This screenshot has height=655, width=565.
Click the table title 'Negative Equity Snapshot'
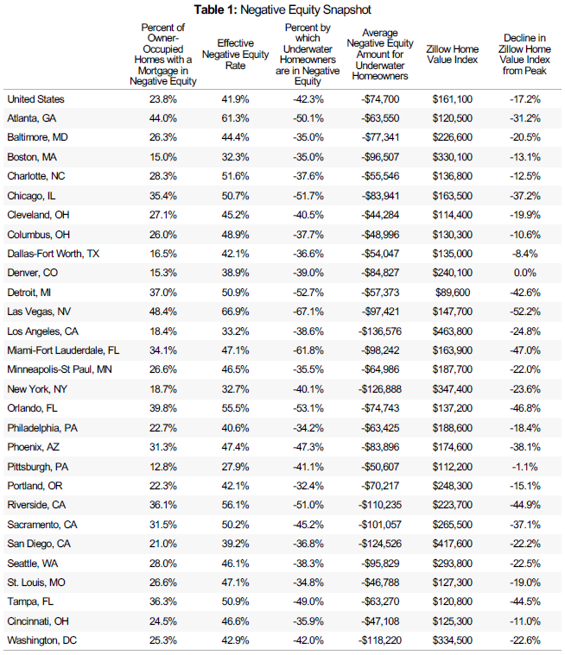(x=306, y=9)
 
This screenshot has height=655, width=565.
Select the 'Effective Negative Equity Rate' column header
(x=236, y=54)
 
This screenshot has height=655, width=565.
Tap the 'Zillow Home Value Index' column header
(x=452, y=54)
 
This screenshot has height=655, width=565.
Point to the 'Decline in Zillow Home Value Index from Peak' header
(x=524, y=54)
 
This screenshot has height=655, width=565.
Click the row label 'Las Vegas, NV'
(x=39, y=312)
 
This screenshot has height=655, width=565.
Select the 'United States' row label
(x=35, y=99)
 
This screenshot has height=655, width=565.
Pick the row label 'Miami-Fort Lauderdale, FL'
(x=63, y=350)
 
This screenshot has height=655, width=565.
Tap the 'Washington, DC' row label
(x=41, y=640)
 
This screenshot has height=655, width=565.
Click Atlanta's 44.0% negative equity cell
(x=163, y=118)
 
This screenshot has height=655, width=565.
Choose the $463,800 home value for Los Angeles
(x=452, y=331)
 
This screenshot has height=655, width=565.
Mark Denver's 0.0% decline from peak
(x=525, y=273)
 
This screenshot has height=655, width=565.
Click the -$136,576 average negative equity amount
(x=380, y=331)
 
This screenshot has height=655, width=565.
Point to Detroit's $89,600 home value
(x=453, y=293)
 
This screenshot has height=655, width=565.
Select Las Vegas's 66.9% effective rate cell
(x=236, y=312)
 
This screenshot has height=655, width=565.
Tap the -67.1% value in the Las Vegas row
(x=308, y=312)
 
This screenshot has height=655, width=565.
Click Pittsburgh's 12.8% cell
(x=163, y=467)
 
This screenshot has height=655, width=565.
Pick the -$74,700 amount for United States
(x=380, y=99)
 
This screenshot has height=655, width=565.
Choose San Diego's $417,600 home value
(x=452, y=544)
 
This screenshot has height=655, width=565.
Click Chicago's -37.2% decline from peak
(x=525, y=196)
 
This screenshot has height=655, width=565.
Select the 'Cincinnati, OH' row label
(x=38, y=621)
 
